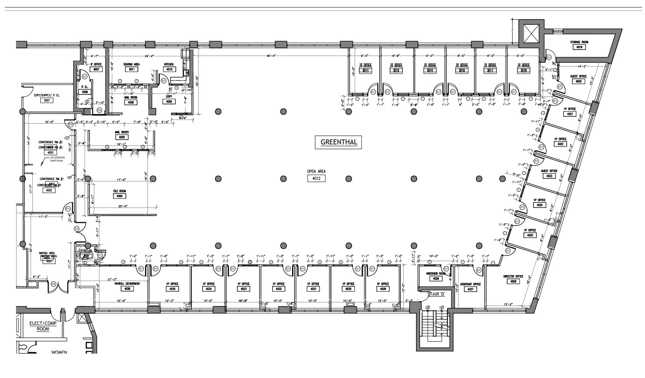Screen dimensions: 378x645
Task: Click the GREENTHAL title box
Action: pyautogui.click(x=338, y=142)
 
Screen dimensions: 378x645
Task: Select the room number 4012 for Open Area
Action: pyautogui.click(x=316, y=179)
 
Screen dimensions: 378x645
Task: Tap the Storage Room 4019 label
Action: pyautogui.click(x=579, y=47)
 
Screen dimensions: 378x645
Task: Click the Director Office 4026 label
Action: pyautogui.click(x=514, y=281)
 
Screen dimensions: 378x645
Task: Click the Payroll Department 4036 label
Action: pyautogui.click(x=127, y=288)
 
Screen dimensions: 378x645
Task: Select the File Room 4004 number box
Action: pyautogui.click(x=119, y=196)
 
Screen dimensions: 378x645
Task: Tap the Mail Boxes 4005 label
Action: pyautogui.click(x=122, y=137)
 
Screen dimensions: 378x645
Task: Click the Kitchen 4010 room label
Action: pyautogui.click(x=169, y=69)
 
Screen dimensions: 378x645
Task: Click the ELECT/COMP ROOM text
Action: pyautogui.click(x=43, y=326)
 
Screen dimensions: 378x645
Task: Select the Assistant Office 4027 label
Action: pyautogui.click(x=470, y=289)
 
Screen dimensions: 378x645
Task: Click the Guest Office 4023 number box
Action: pyautogui.click(x=549, y=176)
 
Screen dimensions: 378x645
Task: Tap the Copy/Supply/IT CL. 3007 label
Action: pyautogui.click(x=47, y=100)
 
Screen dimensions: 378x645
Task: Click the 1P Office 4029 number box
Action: pyautogui.click(x=383, y=289)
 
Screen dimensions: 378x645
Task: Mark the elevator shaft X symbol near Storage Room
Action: pyautogui.click(x=529, y=32)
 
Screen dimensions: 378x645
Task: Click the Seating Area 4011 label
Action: pyautogui.click(x=131, y=69)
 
